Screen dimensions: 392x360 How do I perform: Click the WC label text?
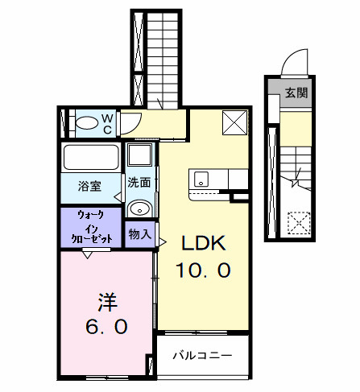[x=107, y=123]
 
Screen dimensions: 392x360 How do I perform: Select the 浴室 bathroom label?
[x=89, y=186]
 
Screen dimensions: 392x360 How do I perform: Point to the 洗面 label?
[x=139, y=183]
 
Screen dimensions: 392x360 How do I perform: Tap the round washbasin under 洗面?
[x=140, y=208]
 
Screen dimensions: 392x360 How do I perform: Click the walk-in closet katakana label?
[x=90, y=227]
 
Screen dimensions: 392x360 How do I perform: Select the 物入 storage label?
[x=139, y=234]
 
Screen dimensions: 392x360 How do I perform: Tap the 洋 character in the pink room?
[x=106, y=303]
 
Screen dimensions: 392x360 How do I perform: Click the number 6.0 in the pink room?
[x=106, y=328]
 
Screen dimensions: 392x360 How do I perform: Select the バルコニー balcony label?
[x=202, y=354]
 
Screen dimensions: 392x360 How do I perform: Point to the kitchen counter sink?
[x=200, y=179]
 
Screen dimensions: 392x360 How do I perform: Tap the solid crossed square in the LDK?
[x=234, y=122]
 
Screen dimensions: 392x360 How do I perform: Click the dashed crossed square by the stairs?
[x=300, y=221]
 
